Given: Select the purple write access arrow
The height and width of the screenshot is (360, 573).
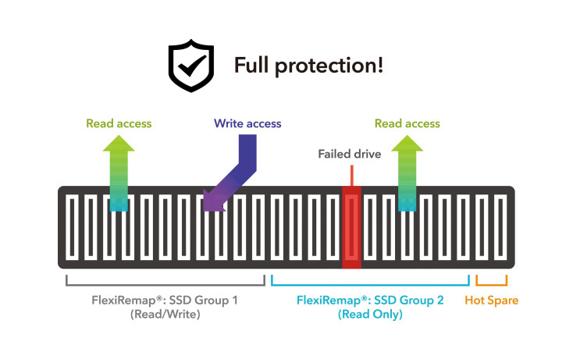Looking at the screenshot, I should [235, 169].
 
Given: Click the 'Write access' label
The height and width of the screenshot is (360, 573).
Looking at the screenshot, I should [247, 123].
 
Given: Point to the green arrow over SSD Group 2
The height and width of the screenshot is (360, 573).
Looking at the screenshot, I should [407, 172].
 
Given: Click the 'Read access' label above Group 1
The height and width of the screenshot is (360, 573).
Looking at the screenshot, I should [119, 123].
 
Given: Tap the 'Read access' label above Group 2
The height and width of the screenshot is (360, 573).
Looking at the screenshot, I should [407, 123].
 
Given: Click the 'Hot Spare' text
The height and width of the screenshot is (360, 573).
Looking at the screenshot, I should [491, 300].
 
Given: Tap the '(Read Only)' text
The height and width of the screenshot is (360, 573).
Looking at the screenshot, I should [369, 315].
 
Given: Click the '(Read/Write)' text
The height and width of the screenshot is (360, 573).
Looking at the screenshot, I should [165, 315].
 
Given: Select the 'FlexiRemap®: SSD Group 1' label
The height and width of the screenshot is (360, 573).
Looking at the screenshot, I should [165, 300].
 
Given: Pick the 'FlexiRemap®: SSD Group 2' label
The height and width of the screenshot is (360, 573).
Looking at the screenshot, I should [369, 300].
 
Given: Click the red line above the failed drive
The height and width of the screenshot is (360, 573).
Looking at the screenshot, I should [351, 175].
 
